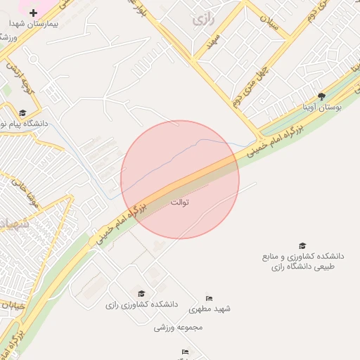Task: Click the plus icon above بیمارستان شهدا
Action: pos(33,13)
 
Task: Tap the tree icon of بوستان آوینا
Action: pos(321,96)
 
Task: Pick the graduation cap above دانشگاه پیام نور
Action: pos(22,112)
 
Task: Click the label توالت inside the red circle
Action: pos(180,202)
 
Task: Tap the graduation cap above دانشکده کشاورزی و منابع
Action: pos(302,245)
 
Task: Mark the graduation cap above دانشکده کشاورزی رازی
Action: pos(141,294)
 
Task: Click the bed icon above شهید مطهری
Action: pos(208,299)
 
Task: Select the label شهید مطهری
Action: pos(214,309)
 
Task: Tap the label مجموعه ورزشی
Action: pos(179,328)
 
